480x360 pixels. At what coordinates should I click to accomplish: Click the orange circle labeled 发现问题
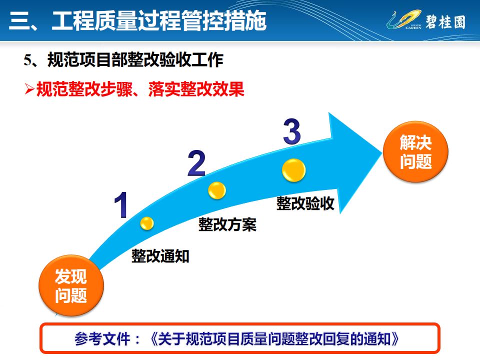(x=71, y=284)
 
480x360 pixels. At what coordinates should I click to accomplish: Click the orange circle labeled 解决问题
(x=415, y=152)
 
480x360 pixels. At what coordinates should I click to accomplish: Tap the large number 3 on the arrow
(x=291, y=131)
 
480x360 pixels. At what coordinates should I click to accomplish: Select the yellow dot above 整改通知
(x=146, y=223)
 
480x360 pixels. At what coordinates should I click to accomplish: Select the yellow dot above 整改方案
(x=217, y=189)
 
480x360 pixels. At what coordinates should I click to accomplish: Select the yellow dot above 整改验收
(x=293, y=170)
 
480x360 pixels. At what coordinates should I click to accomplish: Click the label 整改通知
(x=160, y=256)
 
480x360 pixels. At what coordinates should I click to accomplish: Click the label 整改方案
(x=227, y=224)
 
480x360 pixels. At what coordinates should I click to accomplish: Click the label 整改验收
(x=305, y=203)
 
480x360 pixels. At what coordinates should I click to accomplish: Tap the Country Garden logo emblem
(x=400, y=21)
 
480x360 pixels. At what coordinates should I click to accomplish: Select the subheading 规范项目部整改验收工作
(x=135, y=61)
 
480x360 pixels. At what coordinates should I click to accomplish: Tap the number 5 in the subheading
(x=27, y=61)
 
